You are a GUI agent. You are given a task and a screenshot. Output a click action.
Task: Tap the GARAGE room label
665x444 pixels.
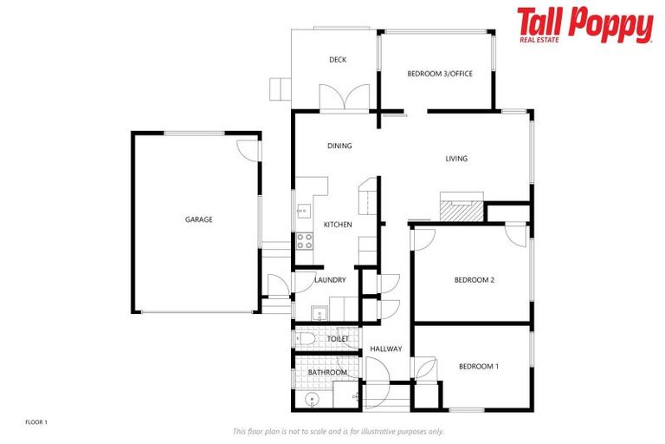point(198,219)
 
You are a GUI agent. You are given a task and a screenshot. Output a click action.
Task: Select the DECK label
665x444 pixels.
point(338,60)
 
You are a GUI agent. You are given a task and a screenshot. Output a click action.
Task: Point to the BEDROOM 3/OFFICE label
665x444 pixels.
point(440,75)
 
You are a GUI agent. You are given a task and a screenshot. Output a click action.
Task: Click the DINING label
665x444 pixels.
point(339,146)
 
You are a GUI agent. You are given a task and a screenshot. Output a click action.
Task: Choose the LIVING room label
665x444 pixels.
point(456,159)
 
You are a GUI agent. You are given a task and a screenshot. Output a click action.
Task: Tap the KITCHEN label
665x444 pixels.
point(338,225)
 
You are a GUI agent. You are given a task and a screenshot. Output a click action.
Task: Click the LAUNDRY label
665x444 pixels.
point(331,280)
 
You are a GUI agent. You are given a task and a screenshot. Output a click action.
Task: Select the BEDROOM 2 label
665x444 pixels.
point(475,280)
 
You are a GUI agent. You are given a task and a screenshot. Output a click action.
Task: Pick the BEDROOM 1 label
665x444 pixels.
point(479,366)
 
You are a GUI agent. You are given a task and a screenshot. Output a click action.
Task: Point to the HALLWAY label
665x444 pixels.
point(385,349)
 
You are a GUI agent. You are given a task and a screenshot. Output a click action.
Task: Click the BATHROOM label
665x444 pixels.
point(327,372)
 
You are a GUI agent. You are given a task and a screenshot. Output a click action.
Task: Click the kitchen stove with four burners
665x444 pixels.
point(305,241)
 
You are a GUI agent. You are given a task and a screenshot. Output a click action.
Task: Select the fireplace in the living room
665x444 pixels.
point(459,208)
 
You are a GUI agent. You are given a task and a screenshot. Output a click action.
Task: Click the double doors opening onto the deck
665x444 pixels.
point(345,98)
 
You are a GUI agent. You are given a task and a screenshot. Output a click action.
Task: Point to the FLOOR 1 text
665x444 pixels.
point(36,422)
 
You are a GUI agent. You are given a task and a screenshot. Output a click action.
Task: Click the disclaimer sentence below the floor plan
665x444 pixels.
point(338,431)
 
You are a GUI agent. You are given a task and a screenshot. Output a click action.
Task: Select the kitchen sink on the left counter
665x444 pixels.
point(303,209)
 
